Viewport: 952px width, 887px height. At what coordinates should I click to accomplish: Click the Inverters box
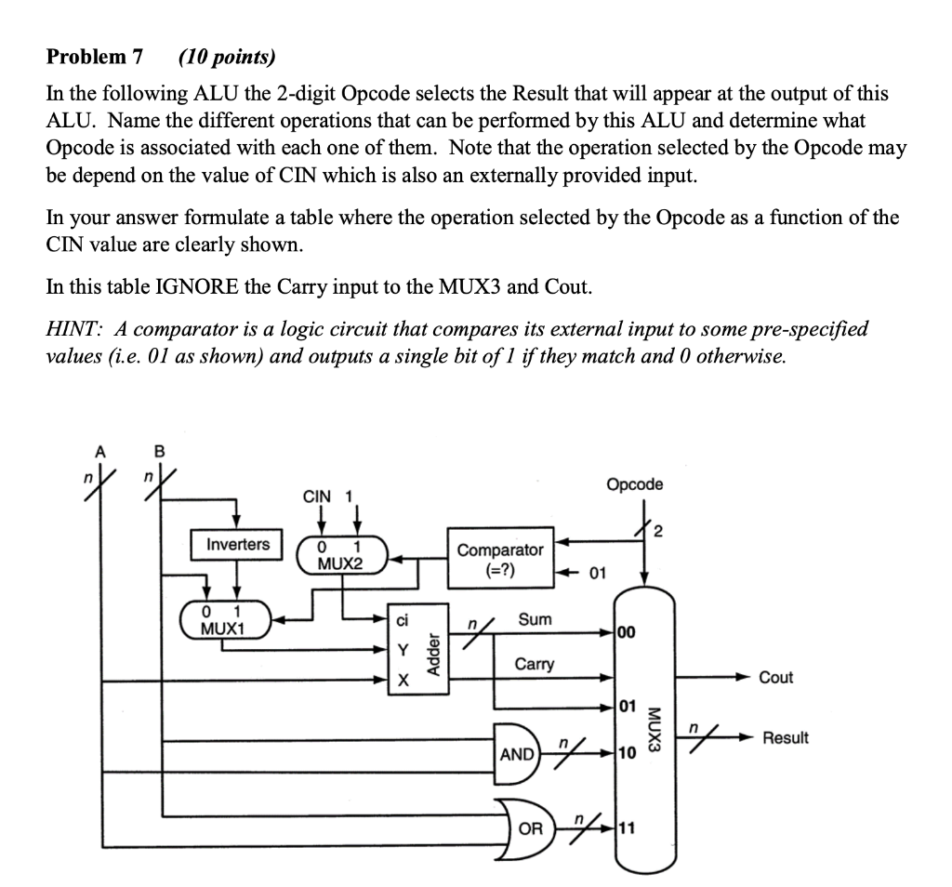(237, 544)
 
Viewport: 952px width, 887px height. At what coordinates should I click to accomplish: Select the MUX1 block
(226, 619)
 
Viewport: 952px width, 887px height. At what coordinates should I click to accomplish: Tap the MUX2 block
(342, 554)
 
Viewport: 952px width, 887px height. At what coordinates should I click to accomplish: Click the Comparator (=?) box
(501, 559)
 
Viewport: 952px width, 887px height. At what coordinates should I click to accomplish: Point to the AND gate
(517, 753)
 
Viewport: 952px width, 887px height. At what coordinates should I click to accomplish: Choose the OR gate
(527, 828)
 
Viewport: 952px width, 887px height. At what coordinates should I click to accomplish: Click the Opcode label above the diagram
(634, 484)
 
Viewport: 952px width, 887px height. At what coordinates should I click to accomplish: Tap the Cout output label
(776, 677)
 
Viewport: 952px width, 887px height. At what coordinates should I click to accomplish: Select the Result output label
(786, 737)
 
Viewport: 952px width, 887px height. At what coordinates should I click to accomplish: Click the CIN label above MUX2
(317, 496)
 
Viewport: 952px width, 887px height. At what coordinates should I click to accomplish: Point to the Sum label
(535, 619)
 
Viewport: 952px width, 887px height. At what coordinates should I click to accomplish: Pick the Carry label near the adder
(535, 664)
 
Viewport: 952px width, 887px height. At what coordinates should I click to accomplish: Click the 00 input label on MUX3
(628, 632)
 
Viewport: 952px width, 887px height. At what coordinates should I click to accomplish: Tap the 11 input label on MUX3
(628, 828)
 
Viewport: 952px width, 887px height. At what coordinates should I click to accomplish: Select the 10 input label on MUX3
(628, 753)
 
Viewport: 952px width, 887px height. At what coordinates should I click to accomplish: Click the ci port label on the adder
(402, 620)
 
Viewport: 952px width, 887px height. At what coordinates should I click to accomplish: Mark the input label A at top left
(100, 452)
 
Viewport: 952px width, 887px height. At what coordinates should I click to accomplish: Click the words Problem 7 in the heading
(95, 57)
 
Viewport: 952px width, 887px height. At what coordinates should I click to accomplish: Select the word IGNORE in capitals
(197, 286)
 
